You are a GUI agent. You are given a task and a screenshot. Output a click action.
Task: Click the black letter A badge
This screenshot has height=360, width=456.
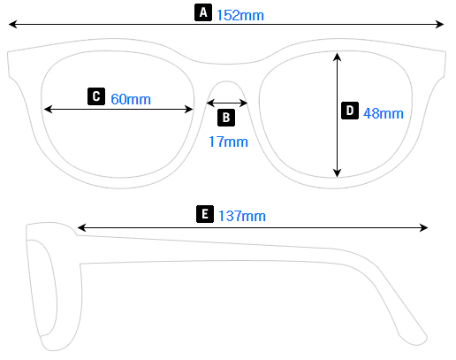point(203,12)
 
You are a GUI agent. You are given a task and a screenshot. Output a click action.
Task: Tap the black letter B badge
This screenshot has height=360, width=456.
point(226,117)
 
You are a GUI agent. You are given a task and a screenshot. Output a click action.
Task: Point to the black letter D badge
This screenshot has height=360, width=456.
point(350,111)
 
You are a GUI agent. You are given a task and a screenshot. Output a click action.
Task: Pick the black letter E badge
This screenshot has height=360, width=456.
point(205,214)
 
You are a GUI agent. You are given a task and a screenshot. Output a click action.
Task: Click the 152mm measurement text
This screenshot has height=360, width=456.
point(240,14)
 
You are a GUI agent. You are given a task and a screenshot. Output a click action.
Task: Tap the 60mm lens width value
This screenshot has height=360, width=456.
point(131,98)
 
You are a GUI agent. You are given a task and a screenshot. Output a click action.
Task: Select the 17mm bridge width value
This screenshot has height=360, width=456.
point(228,142)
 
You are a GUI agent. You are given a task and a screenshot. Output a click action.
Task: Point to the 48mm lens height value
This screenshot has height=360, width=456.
point(383,112)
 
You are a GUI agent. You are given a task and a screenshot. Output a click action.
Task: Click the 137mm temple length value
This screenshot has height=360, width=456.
point(241,216)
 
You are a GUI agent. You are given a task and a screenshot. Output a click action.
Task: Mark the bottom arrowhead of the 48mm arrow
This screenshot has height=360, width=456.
point(337,173)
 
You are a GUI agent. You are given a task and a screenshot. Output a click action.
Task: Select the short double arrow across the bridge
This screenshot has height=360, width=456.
point(227,103)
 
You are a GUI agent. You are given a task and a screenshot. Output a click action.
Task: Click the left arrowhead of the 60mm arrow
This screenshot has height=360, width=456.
point(48,109)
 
